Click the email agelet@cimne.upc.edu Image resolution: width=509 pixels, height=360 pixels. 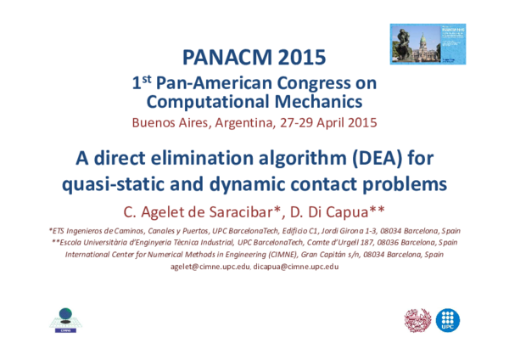[x=210, y=267]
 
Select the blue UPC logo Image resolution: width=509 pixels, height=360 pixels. [x=447, y=320]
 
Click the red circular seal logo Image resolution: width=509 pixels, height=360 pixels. [x=417, y=320]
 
